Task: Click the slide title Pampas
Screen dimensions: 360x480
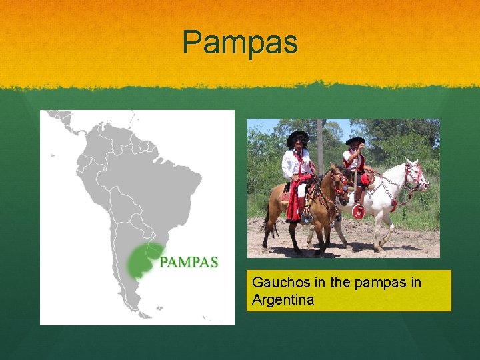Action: pyautogui.click(x=241, y=42)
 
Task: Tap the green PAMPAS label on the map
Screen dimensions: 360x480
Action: pyautogui.click(x=189, y=262)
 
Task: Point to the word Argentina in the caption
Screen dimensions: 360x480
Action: pyautogui.click(x=283, y=300)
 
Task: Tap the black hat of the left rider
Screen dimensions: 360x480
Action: pyautogui.click(x=297, y=137)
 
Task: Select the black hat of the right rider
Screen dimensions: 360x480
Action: pyautogui.click(x=355, y=141)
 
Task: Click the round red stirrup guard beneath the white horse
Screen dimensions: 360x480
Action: pyautogui.click(x=359, y=211)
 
